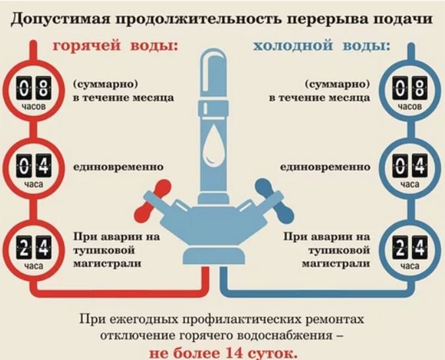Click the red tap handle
pyautogui.click(x=153, y=201)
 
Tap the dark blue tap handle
pyautogui.click(x=275, y=201)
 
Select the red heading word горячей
pyautogui.click(x=86, y=45)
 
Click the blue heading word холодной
pyautogui.click(x=292, y=45)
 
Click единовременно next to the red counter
pyautogui.click(x=118, y=167)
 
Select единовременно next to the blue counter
pyautogui.click(x=325, y=167)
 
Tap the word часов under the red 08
pyautogui.click(x=34, y=107)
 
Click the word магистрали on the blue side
pyautogui.click(x=336, y=264)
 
